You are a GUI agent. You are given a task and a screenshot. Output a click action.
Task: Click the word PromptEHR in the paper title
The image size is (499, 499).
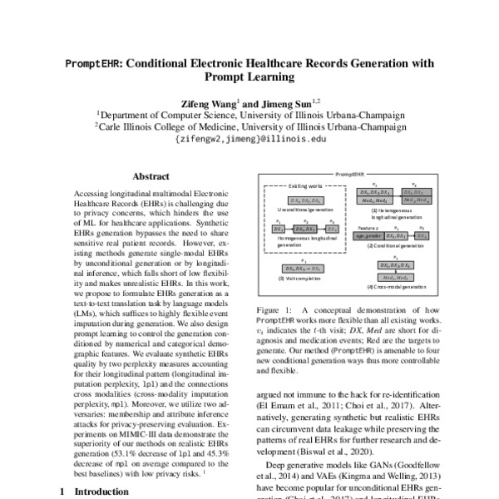point(96,63)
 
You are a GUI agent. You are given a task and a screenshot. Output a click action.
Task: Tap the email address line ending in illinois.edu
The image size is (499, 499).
point(251,140)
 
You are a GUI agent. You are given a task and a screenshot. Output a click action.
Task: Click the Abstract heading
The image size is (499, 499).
point(151,176)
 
